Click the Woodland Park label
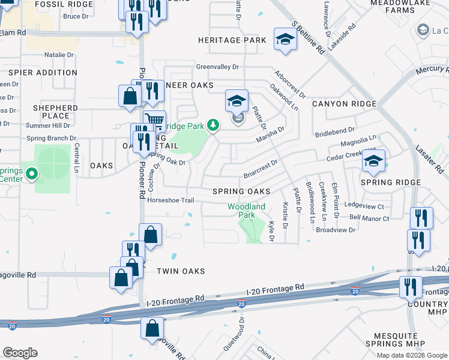(x=246, y=211)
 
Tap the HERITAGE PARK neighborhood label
(x=232, y=40)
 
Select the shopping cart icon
(x=155, y=120)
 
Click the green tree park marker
(x=212, y=125)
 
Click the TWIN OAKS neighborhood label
(x=181, y=271)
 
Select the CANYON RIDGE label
(x=344, y=104)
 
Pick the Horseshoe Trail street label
(x=171, y=200)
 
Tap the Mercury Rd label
(x=432, y=75)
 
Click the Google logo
(x=20, y=353)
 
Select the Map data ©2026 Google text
(x=412, y=355)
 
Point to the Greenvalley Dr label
(x=217, y=67)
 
